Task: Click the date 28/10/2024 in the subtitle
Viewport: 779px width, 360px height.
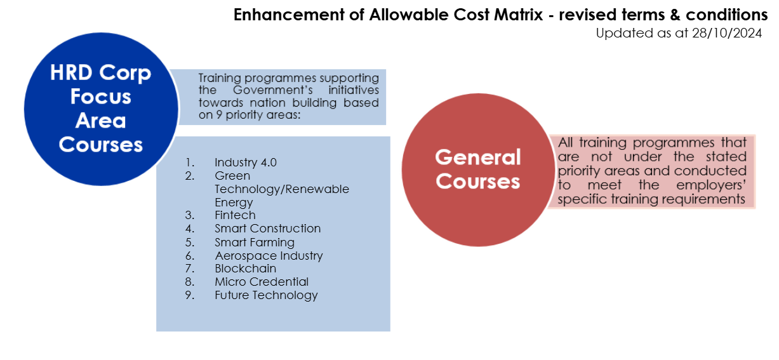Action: [727, 33]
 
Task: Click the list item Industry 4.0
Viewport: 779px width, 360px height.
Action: [246, 163]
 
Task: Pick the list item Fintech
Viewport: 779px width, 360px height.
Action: [235, 215]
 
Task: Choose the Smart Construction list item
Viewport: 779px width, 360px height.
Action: [267, 229]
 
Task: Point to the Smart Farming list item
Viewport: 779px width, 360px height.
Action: [254, 242]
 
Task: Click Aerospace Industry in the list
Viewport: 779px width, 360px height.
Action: [269, 256]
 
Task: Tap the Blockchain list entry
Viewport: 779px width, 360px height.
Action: [245, 269]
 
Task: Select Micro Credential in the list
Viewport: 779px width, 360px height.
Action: [262, 282]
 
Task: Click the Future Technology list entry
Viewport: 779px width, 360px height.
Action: [266, 295]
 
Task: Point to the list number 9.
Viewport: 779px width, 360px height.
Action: [190, 295]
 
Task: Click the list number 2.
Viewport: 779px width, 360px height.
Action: [190, 176]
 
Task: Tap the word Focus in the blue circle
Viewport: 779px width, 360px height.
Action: [100, 97]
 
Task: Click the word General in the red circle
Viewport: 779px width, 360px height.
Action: [478, 157]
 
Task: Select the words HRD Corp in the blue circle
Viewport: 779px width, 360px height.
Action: [100, 73]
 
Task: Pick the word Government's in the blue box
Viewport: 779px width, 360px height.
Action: [272, 90]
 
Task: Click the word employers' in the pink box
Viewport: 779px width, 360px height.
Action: [711, 185]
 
